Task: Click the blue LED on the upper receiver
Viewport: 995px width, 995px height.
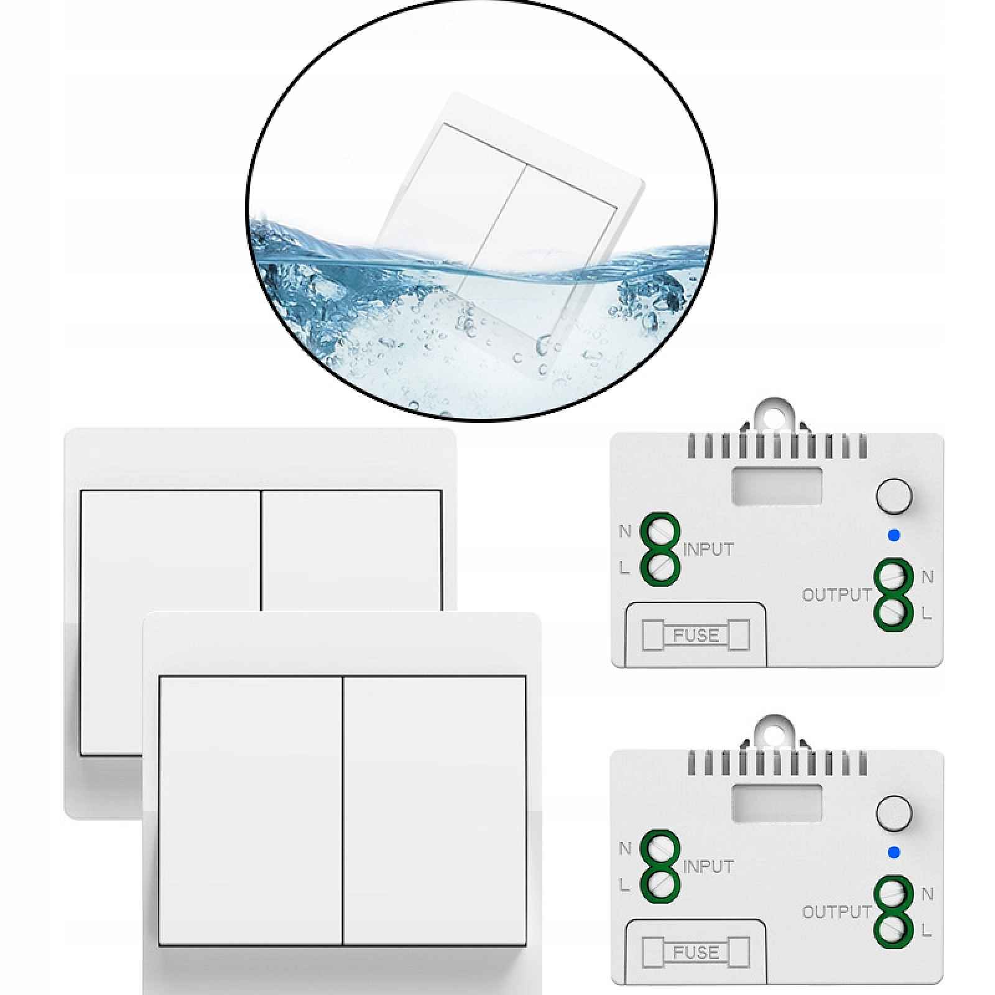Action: tap(894, 535)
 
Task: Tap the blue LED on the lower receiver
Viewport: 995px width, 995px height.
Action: tap(894, 852)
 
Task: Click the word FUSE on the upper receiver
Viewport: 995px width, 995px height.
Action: tap(696, 636)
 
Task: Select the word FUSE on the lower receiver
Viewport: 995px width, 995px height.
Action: tap(696, 952)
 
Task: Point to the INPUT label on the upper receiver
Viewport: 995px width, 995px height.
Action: tap(708, 550)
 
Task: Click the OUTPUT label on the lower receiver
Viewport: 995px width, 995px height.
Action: tap(837, 912)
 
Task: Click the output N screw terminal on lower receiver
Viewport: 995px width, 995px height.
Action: tap(894, 894)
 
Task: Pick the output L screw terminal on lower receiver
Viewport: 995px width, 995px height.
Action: tap(894, 928)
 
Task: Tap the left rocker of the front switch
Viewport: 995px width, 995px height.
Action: tap(251, 811)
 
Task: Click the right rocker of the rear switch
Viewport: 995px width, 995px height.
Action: tap(351, 550)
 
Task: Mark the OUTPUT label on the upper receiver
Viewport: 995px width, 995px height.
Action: tap(837, 595)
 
